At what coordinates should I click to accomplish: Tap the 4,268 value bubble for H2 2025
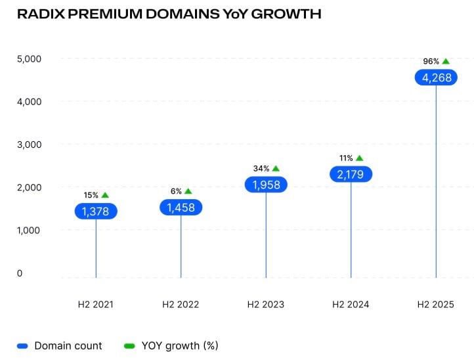tap(436, 78)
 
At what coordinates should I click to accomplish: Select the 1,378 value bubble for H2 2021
tap(96, 211)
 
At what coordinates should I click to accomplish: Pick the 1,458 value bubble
tap(181, 207)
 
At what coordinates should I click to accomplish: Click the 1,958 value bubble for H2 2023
tap(266, 185)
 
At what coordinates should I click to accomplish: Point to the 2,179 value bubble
tap(351, 174)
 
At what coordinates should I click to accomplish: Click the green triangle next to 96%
tap(446, 61)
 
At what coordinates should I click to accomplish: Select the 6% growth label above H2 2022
tap(176, 191)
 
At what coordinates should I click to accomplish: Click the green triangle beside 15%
tap(105, 195)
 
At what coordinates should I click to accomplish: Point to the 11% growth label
tap(346, 158)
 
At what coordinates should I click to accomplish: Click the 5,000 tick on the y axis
tap(28, 58)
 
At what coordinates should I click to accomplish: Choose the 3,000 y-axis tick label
tap(28, 145)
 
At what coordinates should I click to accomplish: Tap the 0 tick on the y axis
tap(20, 273)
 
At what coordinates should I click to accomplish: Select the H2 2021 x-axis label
tap(96, 305)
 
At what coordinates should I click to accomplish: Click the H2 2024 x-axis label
tap(351, 305)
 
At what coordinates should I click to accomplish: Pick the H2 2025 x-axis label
tap(436, 305)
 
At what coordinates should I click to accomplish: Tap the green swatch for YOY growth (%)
tap(129, 346)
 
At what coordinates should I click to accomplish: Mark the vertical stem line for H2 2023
tap(266, 236)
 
